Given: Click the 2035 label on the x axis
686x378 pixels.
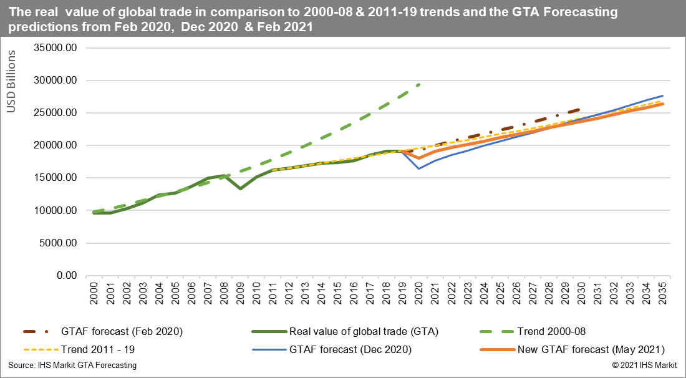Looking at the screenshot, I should point(663,294).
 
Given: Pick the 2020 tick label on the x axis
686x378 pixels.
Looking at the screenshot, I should point(419,294).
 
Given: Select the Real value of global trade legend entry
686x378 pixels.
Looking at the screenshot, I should point(365,331).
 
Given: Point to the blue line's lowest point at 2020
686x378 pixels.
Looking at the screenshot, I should point(419,168).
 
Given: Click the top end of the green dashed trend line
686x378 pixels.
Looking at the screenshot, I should point(419,85).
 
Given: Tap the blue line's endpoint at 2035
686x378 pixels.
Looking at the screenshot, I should point(662,96).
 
